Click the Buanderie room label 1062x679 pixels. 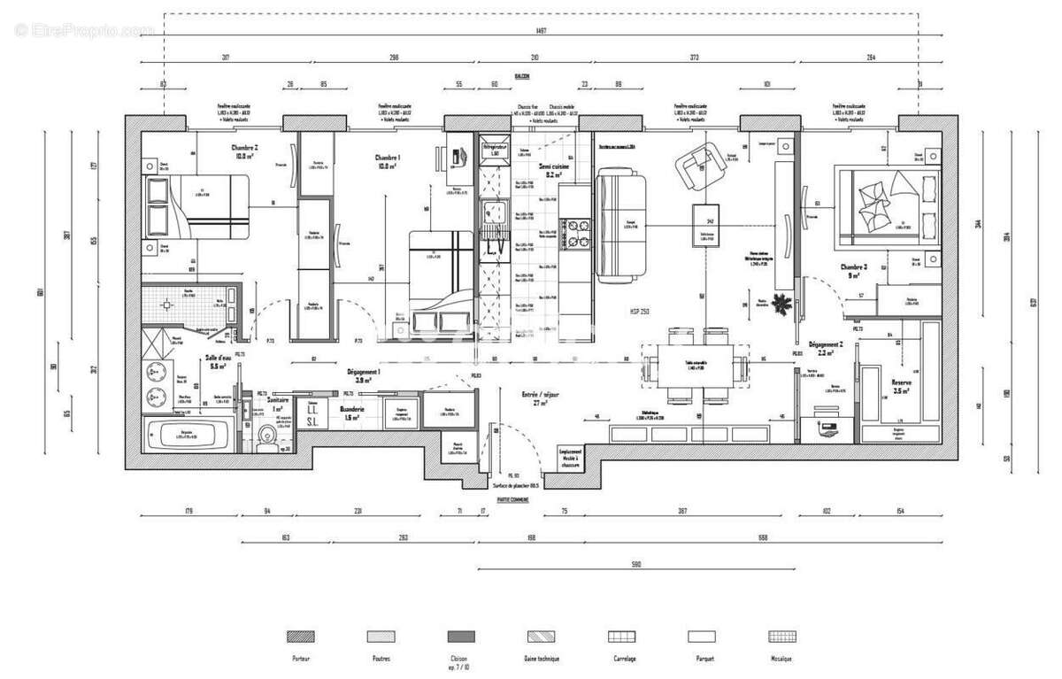pyautogui.click(x=354, y=411)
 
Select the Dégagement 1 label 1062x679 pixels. pyautogui.click(x=364, y=375)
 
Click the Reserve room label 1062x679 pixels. pyautogui.click(x=902, y=384)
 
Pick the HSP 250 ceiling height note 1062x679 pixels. pyautogui.click(x=641, y=311)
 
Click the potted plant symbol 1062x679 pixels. pyautogui.click(x=781, y=304)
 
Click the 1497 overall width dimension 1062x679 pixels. pyautogui.click(x=541, y=31)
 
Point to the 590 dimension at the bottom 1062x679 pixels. pyautogui.click(x=635, y=563)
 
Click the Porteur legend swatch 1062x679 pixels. pyautogui.click(x=301, y=637)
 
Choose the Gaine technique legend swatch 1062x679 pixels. pyautogui.click(x=541, y=637)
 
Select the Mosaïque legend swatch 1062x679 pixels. pyautogui.click(x=781, y=637)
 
